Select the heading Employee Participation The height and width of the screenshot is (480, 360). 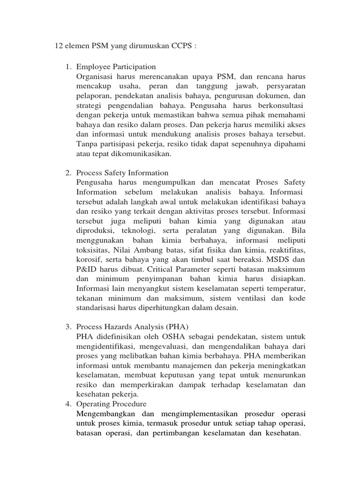click(x=116, y=67)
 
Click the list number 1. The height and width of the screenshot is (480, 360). click(x=67, y=67)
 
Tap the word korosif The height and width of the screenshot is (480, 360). click(x=88, y=259)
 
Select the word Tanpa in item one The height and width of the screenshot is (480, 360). click(x=86, y=142)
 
